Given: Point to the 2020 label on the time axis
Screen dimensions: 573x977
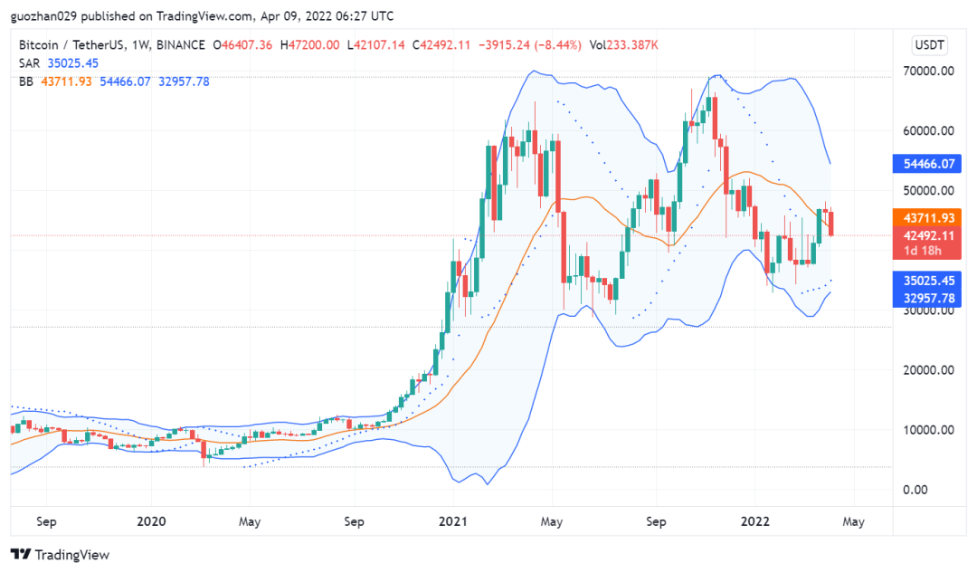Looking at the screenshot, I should click(x=151, y=521).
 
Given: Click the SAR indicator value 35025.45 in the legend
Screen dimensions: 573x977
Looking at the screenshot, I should click(x=73, y=62).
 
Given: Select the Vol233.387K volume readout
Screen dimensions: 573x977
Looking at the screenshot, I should click(x=623, y=44).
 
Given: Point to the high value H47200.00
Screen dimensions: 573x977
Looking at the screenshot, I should click(x=309, y=44).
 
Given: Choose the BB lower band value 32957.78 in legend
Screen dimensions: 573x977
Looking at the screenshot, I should click(x=184, y=81).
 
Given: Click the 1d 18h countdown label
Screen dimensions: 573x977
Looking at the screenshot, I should click(x=923, y=251).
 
